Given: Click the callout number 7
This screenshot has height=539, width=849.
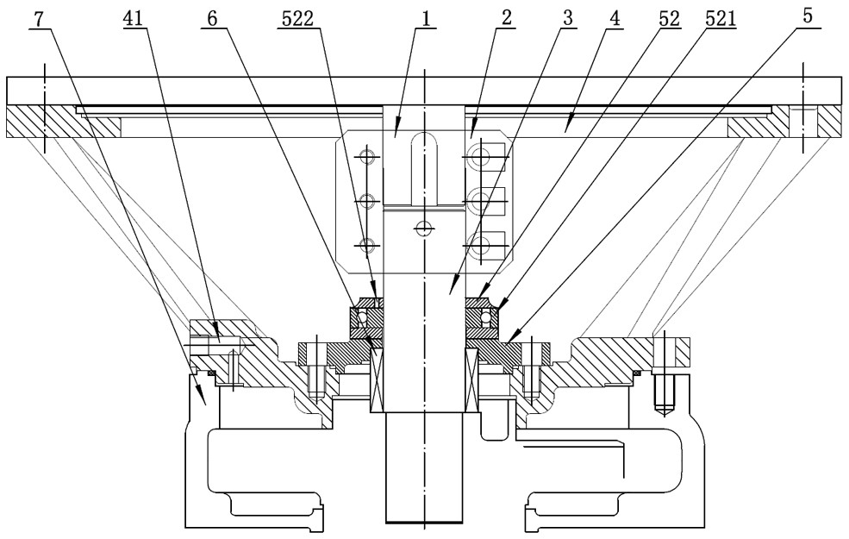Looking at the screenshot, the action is [37, 20].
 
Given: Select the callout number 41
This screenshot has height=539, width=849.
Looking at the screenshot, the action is [132, 20].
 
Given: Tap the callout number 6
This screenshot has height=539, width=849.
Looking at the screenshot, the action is [212, 20].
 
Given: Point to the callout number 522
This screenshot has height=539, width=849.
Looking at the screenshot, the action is [298, 20].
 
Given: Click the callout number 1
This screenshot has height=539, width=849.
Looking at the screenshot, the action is [426, 20].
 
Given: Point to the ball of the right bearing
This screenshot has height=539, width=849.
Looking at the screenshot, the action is [485, 315].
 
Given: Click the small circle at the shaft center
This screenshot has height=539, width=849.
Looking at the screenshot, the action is [423, 228].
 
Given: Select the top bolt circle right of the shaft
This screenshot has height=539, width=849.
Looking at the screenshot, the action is [479, 158].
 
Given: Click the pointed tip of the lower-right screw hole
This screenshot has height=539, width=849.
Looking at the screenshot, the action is [662, 416].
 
